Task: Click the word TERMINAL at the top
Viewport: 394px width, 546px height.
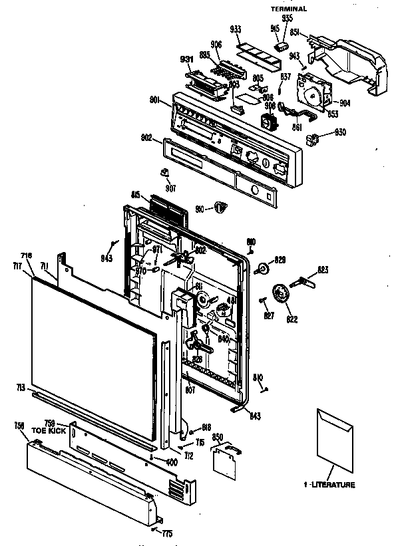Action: tap(288, 9)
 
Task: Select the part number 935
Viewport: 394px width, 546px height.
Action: tap(287, 18)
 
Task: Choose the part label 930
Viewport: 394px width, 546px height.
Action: tap(340, 132)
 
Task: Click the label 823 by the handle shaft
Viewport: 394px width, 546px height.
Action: tap(323, 269)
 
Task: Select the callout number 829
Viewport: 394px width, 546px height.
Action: tap(280, 259)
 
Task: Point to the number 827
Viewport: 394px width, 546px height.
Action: tap(268, 315)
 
